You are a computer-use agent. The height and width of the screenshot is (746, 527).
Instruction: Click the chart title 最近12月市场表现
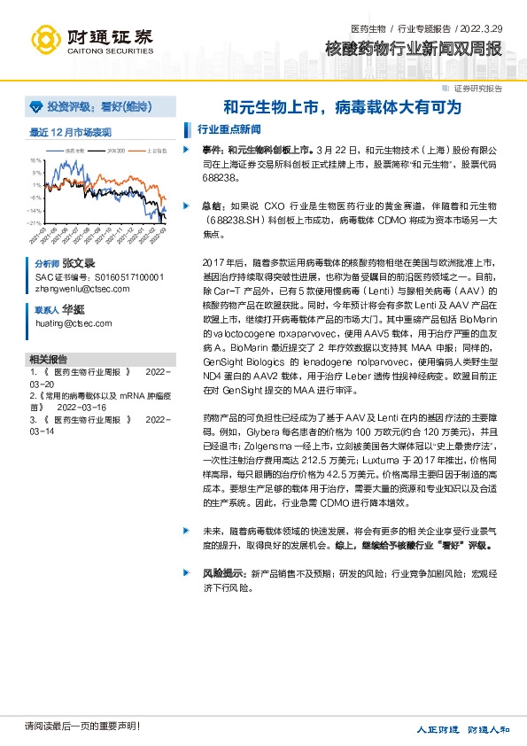pyautogui.click(x=71, y=132)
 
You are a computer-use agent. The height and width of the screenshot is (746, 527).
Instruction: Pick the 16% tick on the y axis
pyautogui.click(x=35, y=160)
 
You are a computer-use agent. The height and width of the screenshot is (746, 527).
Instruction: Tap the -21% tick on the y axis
pyautogui.click(x=35, y=222)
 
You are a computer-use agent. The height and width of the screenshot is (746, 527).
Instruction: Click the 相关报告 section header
pyautogui.click(x=46, y=360)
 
